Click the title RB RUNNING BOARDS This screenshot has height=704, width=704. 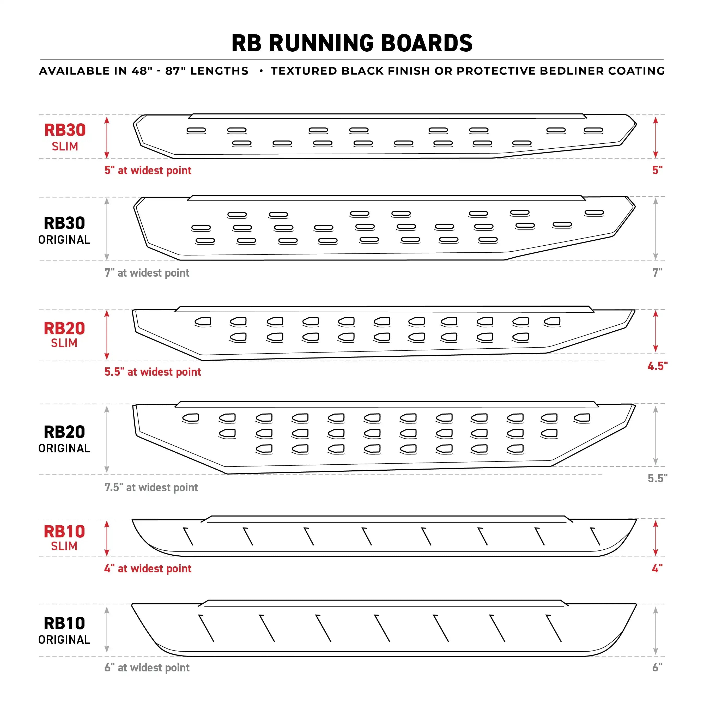pos(352,43)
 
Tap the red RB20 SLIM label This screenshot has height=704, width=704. pos(64,335)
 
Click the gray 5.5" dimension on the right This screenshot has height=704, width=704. pos(657,478)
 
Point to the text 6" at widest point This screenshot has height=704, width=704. pos(147,667)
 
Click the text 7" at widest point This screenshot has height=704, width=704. pos(147,273)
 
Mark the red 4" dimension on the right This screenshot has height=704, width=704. pos(657,568)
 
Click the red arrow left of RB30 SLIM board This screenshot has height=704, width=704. pos(107,137)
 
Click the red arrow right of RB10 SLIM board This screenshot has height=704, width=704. pos(655,538)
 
